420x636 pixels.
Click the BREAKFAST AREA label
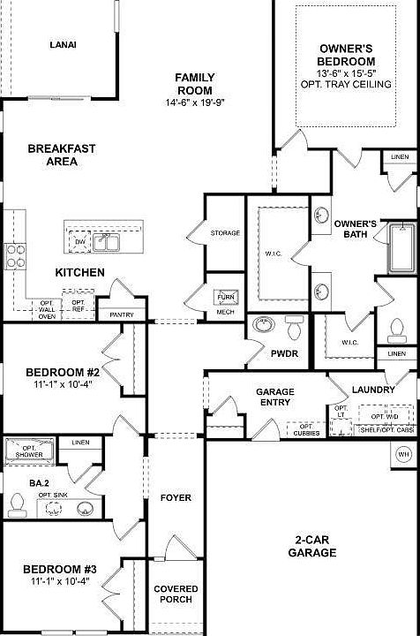[61, 155]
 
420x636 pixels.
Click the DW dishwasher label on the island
[80, 241]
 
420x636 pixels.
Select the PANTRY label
[121, 314]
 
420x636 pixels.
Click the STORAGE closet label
[224, 232]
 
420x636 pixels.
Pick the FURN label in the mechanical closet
[225, 298]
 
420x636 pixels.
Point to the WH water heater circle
[404, 453]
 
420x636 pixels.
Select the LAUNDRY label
[372, 389]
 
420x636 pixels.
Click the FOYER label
[176, 497]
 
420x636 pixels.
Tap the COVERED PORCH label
[176, 594]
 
